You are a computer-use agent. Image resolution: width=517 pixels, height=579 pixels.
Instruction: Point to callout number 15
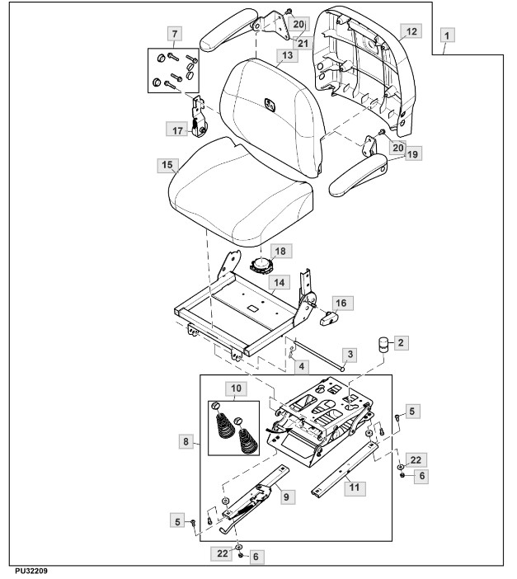tap(167, 165)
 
